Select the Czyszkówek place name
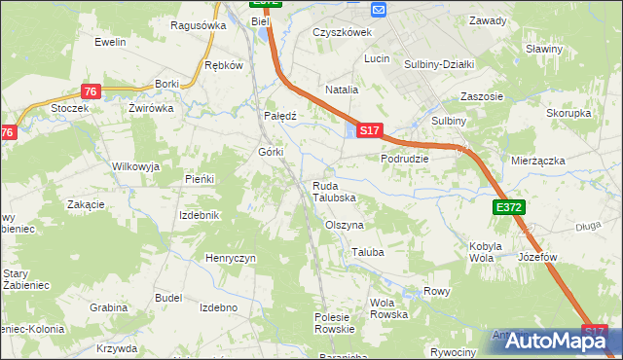click(343, 31)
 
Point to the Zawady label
click(488, 20)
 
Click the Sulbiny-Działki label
click(439, 64)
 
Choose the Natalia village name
click(342, 89)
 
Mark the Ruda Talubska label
click(334, 192)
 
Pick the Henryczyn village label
click(231, 258)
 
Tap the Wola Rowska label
click(388, 308)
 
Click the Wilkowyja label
click(135, 166)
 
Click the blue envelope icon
click(380, 9)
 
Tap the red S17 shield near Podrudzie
click(369, 129)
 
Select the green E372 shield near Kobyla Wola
click(508, 207)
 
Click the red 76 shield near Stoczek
click(90, 91)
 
